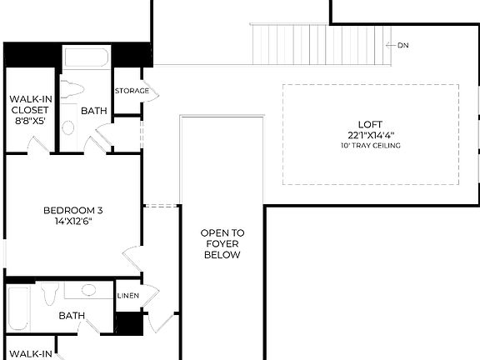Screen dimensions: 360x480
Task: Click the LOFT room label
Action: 371,123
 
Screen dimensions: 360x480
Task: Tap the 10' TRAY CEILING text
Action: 371,146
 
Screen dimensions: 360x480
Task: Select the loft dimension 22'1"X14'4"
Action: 371,135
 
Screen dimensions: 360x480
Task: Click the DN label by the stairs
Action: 403,45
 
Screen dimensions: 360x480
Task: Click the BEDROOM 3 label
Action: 72,210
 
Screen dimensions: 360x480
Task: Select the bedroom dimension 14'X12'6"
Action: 72,222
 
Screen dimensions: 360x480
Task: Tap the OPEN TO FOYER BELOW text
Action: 222,243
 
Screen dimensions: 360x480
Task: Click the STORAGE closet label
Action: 132,91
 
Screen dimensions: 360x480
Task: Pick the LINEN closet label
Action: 127,296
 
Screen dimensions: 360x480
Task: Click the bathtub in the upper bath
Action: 87,58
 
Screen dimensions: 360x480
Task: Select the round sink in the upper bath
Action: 69,127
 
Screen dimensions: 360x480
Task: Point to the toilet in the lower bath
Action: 50,292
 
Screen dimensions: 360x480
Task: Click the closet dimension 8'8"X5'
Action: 29,120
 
